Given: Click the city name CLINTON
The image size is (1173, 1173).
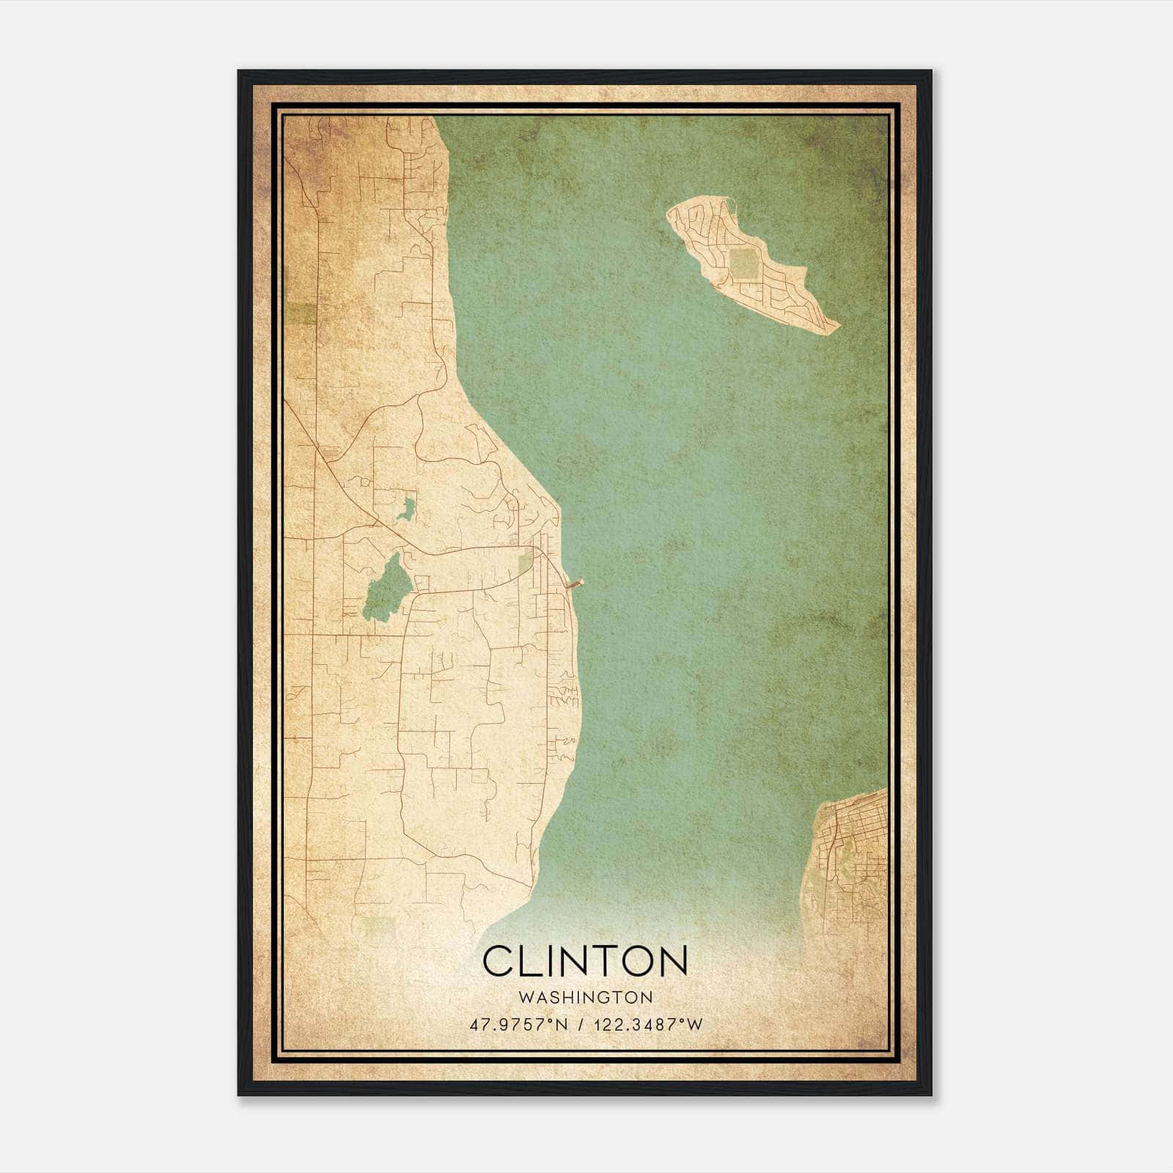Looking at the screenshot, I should (584, 960).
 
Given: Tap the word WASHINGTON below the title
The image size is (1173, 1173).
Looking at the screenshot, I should (585, 998).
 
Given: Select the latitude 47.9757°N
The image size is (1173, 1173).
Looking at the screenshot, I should (519, 1024).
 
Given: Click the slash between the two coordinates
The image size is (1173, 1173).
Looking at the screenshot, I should (581, 1024).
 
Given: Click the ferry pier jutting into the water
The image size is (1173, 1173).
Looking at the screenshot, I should (576, 584).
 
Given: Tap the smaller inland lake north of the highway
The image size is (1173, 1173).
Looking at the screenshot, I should (406, 509).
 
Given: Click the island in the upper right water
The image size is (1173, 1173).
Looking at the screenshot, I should (748, 264).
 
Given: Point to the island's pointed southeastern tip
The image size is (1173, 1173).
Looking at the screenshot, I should (836, 327).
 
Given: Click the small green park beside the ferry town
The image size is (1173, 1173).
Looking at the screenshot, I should (525, 564).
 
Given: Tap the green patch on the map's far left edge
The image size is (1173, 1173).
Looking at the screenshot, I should (301, 313).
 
